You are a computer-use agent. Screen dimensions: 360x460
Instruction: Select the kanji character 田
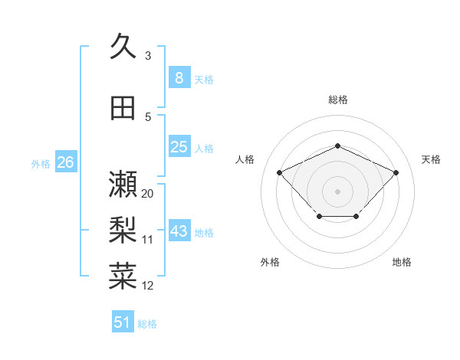point(123,109)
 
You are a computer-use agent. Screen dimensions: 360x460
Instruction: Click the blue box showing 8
point(179,78)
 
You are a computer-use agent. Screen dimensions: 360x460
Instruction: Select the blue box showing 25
point(179,147)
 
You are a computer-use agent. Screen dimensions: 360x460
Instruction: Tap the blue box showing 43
point(179,231)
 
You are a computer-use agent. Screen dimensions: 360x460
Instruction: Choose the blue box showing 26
point(65,162)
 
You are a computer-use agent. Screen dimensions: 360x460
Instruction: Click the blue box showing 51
point(123,322)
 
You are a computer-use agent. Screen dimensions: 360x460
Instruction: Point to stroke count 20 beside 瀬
point(148,194)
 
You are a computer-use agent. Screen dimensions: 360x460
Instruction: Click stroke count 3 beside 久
point(147,56)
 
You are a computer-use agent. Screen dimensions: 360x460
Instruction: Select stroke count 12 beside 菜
point(148,286)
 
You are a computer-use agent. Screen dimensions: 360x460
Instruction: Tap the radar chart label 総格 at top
point(337,100)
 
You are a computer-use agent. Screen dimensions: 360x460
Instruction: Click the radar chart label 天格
point(432,159)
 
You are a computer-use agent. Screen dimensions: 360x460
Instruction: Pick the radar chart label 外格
point(270,262)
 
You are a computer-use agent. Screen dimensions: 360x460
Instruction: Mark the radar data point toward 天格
point(396,172)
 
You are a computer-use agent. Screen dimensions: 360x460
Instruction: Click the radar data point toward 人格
point(280,172)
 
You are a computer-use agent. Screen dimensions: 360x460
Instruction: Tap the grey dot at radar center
point(337,191)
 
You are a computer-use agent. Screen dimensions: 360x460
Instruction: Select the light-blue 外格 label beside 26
point(41,163)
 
